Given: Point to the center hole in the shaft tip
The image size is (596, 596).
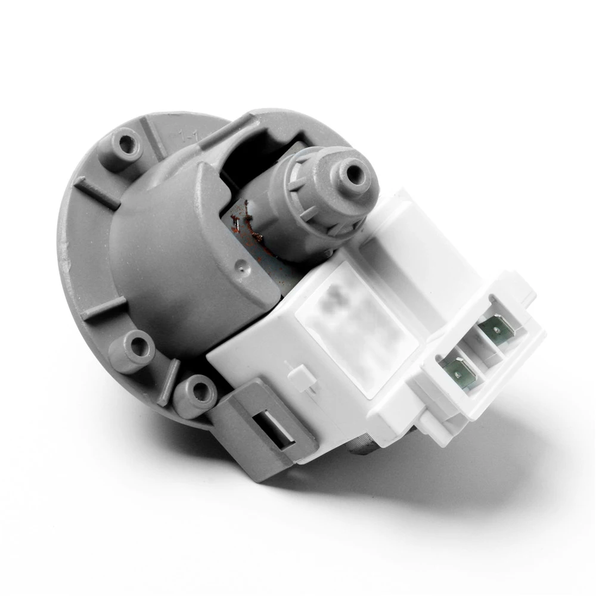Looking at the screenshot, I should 355,173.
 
